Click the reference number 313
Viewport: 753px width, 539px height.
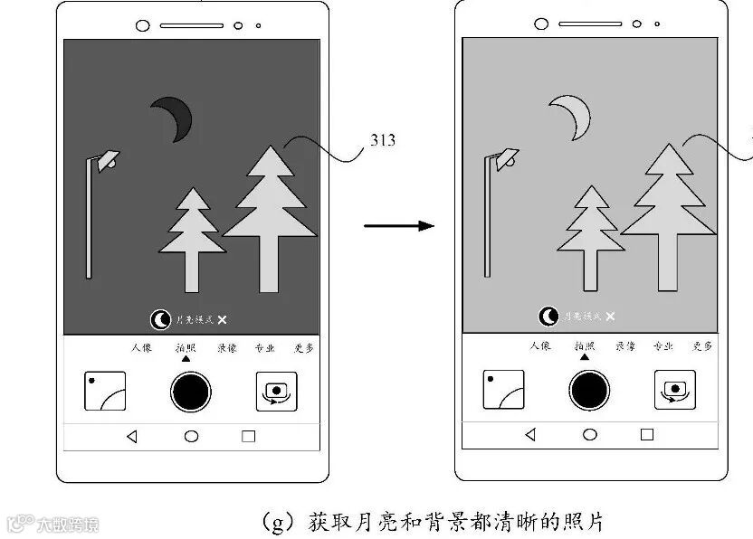point(383,140)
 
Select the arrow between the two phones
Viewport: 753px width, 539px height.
point(398,225)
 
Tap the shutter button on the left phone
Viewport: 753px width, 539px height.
point(191,391)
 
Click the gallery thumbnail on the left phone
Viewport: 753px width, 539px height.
point(105,391)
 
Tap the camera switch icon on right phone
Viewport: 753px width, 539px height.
point(673,391)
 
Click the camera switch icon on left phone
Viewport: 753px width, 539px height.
point(275,391)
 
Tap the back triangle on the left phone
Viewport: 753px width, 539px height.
point(132,436)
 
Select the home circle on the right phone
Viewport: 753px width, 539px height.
point(590,435)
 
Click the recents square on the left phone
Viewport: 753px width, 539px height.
point(248,436)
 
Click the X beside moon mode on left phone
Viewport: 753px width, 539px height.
point(223,319)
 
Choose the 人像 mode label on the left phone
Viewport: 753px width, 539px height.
point(141,347)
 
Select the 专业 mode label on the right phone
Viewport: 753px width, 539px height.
point(664,347)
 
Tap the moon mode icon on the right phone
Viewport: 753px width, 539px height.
point(548,317)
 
